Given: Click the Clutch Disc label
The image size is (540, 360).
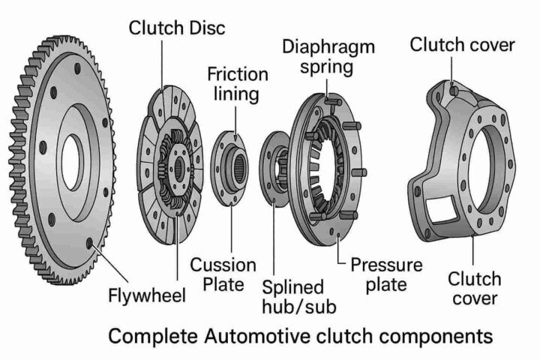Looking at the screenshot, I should pos(177,28).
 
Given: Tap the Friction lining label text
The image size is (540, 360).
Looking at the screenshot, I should pos(237,84).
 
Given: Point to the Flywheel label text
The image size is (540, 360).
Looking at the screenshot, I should pos(147,294).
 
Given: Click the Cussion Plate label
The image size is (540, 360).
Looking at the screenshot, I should pos(223,274).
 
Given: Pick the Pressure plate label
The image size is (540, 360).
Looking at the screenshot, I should pos(386,274).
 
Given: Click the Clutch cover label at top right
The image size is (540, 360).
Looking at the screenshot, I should pos(462,45).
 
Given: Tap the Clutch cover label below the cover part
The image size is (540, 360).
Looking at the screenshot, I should pos(475,289).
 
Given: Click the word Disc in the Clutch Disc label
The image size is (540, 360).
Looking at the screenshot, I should pos(205,28).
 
